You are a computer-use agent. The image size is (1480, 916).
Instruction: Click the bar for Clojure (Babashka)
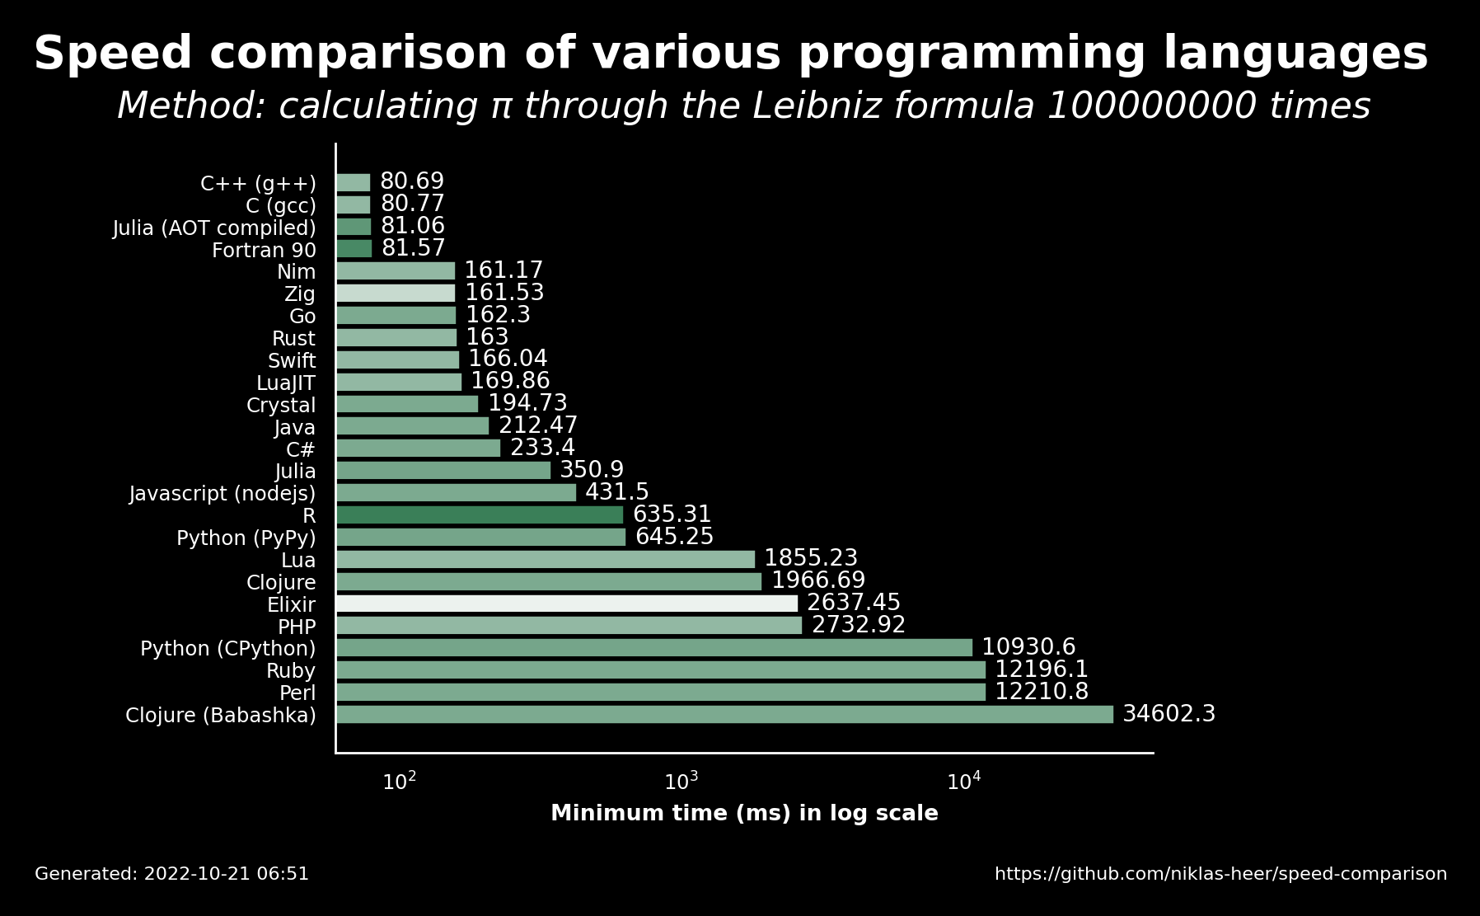point(724,714)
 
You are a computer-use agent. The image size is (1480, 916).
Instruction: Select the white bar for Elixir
point(567,604)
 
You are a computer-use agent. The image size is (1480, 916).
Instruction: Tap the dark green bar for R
point(480,515)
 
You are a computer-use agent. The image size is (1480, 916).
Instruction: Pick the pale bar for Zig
point(396,293)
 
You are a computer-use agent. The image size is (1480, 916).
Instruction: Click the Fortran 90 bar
point(354,248)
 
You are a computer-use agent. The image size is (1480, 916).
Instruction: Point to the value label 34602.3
point(1169,714)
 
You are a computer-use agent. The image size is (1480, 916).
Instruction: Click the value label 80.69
point(412,181)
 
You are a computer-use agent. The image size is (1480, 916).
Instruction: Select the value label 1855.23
point(811,558)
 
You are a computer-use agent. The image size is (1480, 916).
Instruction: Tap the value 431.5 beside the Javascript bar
point(617,492)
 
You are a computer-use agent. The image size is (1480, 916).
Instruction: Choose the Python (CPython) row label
point(228,649)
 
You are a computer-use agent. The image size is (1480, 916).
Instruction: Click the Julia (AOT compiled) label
point(214,228)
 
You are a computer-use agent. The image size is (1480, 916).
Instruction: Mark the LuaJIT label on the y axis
point(286,383)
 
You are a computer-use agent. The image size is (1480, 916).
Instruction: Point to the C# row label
point(301,450)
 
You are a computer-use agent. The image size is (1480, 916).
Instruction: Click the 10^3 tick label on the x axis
point(681,781)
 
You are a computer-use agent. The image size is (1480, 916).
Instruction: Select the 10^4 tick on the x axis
point(964,781)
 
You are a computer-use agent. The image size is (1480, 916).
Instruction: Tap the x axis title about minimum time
point(744,814)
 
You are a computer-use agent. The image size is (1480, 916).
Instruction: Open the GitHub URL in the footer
point(1220,874)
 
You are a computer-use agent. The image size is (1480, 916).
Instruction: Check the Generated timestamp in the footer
point(171,874)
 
